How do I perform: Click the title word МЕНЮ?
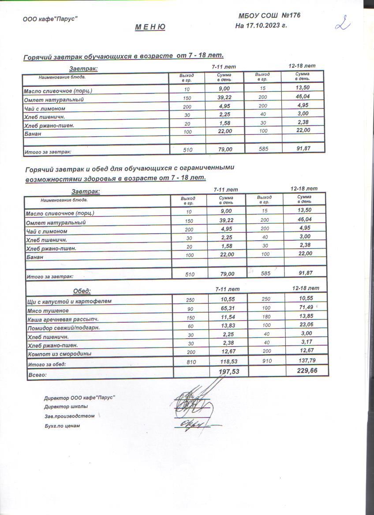pyautogui.click(x=150, y=27)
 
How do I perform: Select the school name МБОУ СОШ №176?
pyautogui.click(x=269, y=16)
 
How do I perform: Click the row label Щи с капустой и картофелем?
pyautogui.click(x=69, y=302)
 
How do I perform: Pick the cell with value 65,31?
pyautogui.click(x=227, y=309)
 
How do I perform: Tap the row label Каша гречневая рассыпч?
pyautogui.click(x=63, y=319)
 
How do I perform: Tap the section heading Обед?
pyautogui.click(x=82, y=291)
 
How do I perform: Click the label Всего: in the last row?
pyautogui.click(x=37, y=375)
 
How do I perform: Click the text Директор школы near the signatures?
pyautogui.click(x=66, y=406)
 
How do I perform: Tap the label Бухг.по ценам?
pyautogui.click(x=62, y=426)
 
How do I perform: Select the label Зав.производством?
pyautogui.click(x=69, y=416)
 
